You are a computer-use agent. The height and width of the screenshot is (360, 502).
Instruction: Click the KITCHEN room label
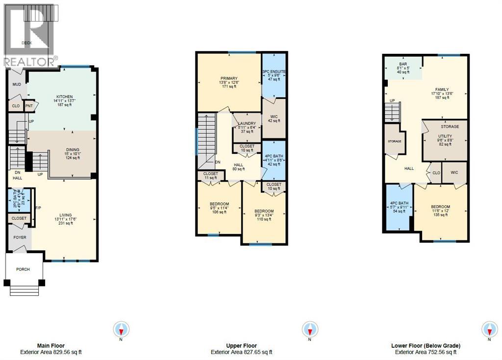[x=64, y=97]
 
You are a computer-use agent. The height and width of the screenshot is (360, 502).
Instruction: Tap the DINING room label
[x=72, y=150]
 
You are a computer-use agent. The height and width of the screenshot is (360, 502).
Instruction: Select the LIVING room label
[x=65, y=214]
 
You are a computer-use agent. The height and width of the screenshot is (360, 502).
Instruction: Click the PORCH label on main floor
[x=23, y=269]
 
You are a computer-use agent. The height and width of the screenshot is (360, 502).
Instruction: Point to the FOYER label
[x=20, y=238]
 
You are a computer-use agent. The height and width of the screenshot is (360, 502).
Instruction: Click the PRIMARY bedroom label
[x=228, y=78]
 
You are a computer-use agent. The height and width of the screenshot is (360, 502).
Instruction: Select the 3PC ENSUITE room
[x=274, y=72]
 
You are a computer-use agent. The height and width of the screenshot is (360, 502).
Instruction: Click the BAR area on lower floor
[x=402, y=64]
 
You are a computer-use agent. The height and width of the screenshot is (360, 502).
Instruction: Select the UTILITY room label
[x=445, y=137]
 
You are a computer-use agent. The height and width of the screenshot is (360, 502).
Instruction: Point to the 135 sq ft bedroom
[x=440, y=207]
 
